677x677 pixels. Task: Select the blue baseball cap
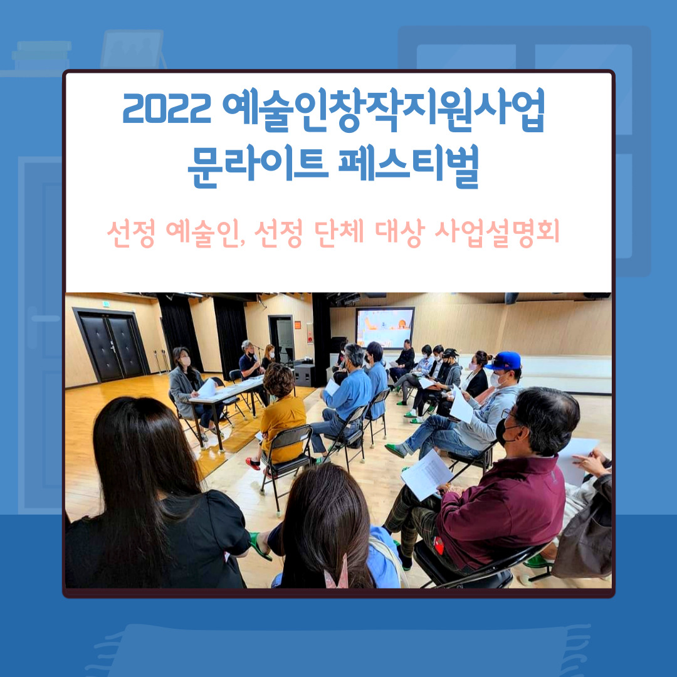tap(505, 360)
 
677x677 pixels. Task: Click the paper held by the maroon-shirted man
tap(426, 473)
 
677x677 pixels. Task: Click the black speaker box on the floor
tap(305, 375)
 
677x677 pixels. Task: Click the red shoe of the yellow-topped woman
tap(253, 463)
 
